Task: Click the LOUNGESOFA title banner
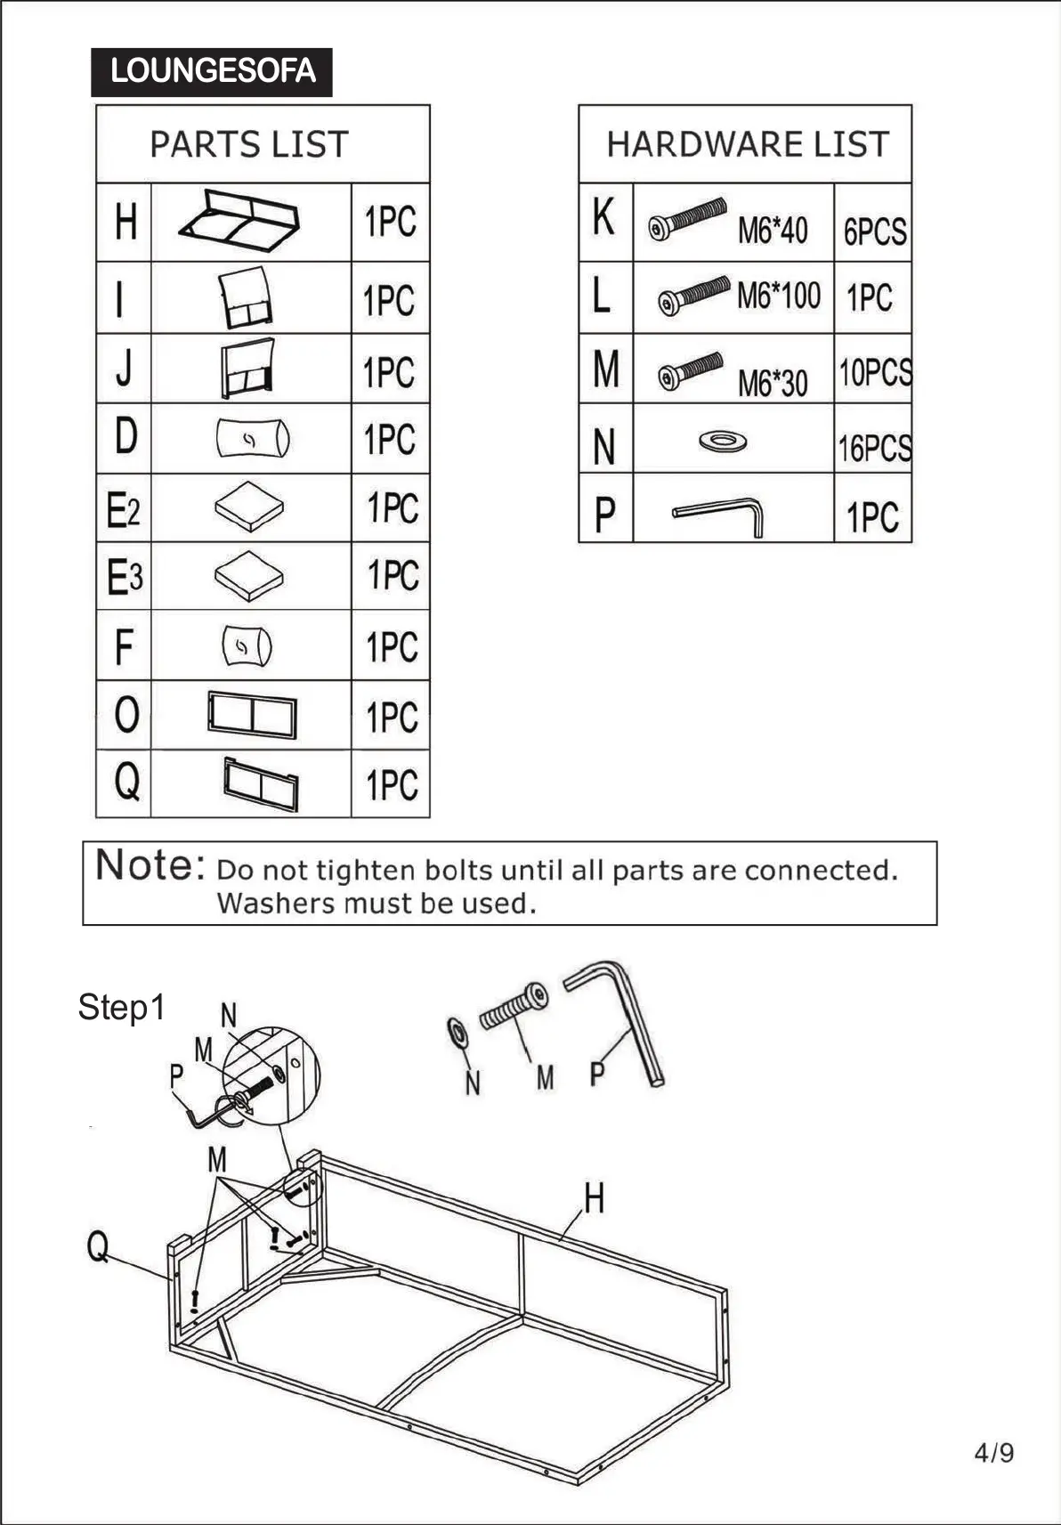212,72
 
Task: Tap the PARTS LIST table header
248,144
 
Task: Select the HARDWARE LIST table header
747,144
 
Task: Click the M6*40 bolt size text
772,231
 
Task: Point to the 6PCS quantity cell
874,231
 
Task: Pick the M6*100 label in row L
778,295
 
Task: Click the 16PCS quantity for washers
874,448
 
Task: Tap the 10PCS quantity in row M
875,372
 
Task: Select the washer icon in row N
723,441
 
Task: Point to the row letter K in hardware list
603,216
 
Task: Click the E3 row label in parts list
124,577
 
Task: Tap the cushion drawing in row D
253,438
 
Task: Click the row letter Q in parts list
126,781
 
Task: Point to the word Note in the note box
150,864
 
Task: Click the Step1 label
121,1007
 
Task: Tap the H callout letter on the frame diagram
594,1198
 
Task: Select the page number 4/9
993,1452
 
